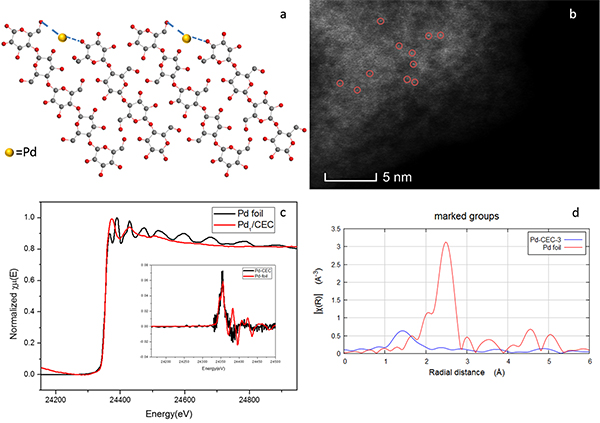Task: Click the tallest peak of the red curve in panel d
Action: [446, 243]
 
